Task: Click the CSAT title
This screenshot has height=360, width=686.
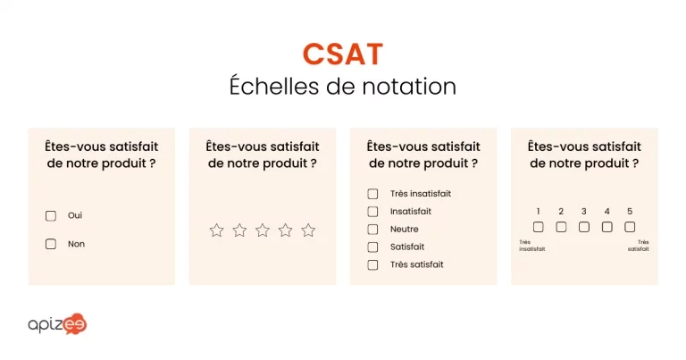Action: click(342, 54)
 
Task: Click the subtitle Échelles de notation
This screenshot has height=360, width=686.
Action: click(342, 87)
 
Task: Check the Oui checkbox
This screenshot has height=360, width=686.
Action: click(51, 215)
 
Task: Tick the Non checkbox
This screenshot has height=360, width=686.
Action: click(51, 244)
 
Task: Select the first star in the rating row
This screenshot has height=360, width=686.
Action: click(216, 230)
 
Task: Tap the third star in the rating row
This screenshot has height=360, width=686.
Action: click(263, 230)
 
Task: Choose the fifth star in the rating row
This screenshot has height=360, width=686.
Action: click(308, 230)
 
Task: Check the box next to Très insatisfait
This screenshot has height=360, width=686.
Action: click(372, 194)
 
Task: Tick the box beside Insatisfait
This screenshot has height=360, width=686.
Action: click(372, 212)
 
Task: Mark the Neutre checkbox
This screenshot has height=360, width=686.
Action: click(372, 230)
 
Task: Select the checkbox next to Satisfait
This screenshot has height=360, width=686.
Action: click(372, 247)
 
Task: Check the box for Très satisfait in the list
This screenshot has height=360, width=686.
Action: click(372, 264)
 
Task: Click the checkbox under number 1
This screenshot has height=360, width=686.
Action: click(539, 227)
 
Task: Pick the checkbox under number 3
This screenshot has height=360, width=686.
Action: click(584, 227)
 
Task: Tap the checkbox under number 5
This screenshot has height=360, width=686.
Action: click(630, 227)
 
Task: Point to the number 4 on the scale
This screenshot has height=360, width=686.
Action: click(607, 212)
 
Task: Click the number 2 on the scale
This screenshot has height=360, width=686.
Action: click(561, 212)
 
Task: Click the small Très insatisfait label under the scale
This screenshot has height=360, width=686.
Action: click(531, 246)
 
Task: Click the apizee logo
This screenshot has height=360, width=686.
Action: click(57, 324)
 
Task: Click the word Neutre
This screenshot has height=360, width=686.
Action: click(404, 230)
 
